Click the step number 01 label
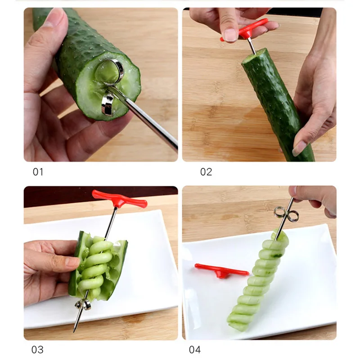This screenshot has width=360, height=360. [38, 172]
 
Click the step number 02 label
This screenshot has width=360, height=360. [206, 172]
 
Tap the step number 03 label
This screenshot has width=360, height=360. [38, 349]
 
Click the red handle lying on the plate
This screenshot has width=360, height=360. [221, 271]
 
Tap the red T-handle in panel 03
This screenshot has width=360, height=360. [119, 198]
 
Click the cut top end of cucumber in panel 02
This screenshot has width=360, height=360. [254, 57]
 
